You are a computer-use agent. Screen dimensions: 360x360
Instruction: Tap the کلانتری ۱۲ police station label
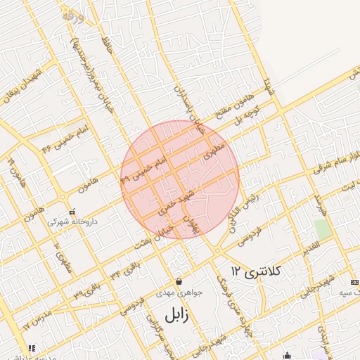[255, 271]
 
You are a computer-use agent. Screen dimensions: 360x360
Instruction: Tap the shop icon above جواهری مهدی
[179, 281]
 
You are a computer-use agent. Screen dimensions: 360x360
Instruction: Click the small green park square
[323, 229]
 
